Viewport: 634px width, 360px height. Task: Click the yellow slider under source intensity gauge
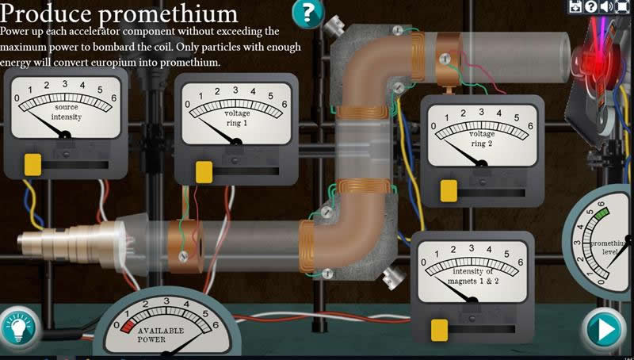click(32, 164)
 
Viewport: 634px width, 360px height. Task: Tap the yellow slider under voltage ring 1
click(204, 171)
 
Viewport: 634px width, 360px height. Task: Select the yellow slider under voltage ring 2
click(449, 190)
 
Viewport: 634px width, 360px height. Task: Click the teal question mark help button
click(308, 13)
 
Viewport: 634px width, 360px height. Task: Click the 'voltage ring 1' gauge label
click(236, 119)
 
